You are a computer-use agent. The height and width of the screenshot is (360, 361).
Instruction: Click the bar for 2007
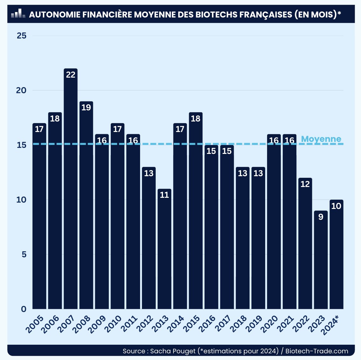(x=71, y=191)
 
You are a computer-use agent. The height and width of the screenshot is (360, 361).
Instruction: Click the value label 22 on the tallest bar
(x=71, y=75)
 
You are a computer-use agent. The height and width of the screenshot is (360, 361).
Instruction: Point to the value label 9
(x=321, y=217)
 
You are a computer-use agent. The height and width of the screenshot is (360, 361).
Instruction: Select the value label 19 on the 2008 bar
(x=86, y=107)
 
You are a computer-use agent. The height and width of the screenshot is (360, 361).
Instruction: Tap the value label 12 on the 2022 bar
(x=305, y=184)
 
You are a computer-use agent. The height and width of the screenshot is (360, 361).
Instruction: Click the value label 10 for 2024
(x=336, y=206)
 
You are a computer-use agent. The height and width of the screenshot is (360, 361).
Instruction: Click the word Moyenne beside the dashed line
(x=321, y=139)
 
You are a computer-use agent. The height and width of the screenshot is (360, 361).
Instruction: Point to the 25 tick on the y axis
(x=22, y=36)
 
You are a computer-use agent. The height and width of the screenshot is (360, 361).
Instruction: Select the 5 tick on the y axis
(x=24, y=254)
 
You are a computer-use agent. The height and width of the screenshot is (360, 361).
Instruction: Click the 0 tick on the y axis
(x=24, y=309)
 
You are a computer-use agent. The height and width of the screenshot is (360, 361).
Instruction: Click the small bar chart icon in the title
(x=18, y=14)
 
